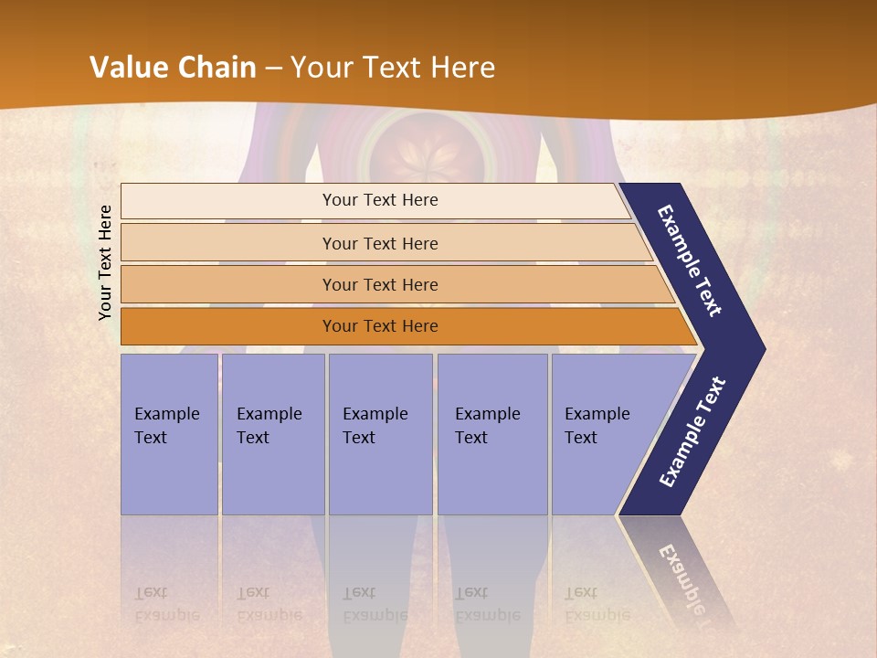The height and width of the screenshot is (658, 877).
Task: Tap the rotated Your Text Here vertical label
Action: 105,262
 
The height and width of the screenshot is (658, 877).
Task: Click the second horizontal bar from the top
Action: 379,243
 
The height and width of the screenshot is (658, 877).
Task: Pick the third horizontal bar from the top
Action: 379,284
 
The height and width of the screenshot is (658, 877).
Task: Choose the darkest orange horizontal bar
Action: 379,326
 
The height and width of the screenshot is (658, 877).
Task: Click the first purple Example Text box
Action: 169,434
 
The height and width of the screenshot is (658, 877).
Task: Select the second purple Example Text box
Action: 272,434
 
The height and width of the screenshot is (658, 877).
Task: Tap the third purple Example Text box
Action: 379,434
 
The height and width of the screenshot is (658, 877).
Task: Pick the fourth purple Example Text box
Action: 491,434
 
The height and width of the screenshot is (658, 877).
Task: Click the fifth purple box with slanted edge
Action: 603,434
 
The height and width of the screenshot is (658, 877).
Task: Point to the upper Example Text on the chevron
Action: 691,260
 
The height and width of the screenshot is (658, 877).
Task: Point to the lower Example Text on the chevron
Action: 692,431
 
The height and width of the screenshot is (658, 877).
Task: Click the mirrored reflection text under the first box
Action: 166,603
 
